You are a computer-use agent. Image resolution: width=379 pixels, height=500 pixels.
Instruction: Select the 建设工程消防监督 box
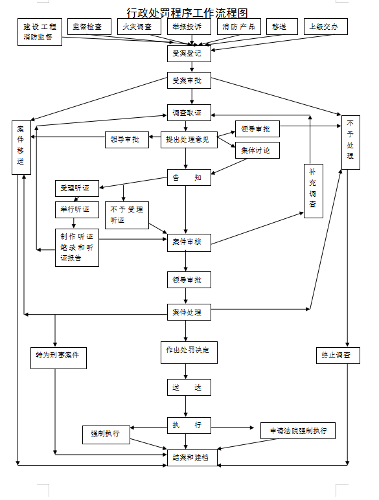click(x=40, y=32)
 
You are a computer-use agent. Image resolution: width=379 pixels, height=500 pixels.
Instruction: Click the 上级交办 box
click(x=325, y=27)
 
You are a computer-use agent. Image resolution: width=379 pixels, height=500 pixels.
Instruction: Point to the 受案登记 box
click(x=189, y=53)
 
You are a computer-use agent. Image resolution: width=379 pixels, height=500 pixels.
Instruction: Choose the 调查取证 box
click(x=189, y=113)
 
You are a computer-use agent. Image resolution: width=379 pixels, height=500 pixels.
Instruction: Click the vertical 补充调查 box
click(x=313, y=190)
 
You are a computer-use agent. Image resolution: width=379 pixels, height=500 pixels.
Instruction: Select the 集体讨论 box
click(x=257, y=150)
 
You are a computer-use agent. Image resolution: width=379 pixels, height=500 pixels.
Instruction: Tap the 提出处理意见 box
click(x=189, y=139)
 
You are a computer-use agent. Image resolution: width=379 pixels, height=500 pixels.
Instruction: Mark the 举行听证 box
click(x=77, y=210)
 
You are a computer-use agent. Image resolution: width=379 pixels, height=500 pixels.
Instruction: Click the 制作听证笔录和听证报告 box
click(x=77, y=247)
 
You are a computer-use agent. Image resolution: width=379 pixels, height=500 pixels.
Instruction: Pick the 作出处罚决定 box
click(x=189, y=350)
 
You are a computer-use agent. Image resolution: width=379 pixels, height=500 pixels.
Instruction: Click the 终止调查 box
click(x=337, y=356)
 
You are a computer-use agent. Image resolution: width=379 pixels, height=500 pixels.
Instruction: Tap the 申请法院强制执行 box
click(x=298, y=430)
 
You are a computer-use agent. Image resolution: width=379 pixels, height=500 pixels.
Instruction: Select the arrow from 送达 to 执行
click(x=187, y=406)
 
